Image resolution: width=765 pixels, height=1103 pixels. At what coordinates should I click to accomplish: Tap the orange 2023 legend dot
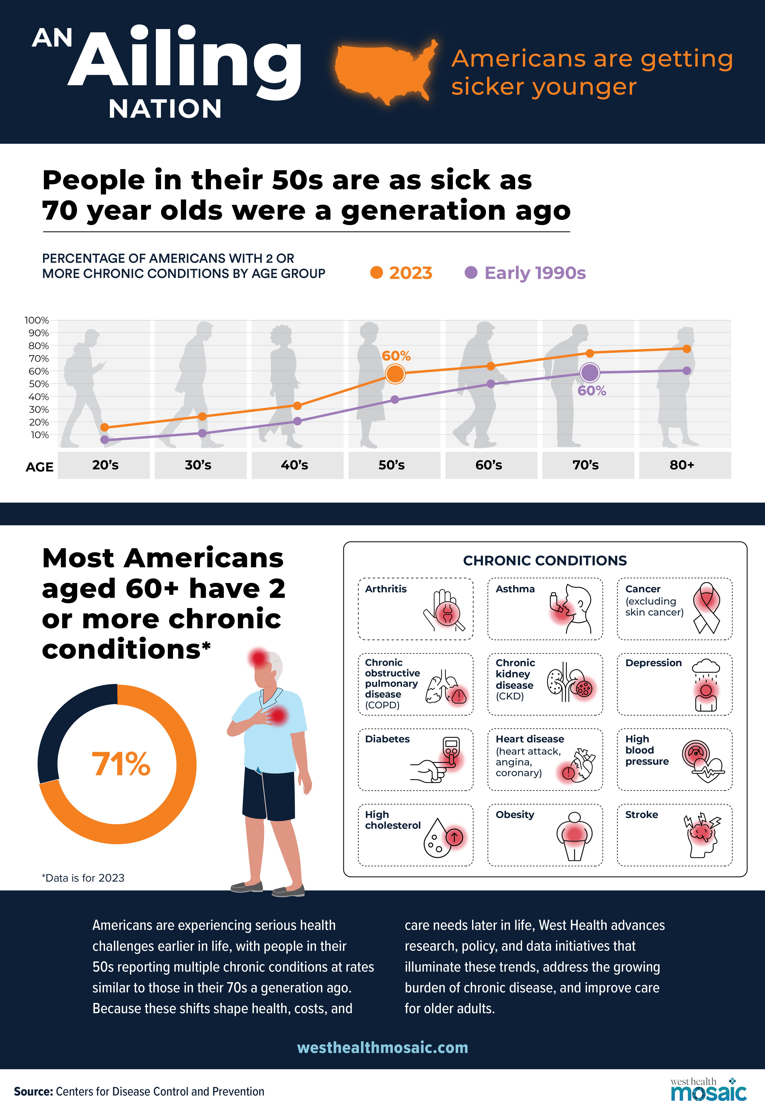pyautogui.click(x=377, y=273)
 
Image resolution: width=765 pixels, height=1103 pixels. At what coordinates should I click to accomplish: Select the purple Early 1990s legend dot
pyautogui.click(x=471, y=273)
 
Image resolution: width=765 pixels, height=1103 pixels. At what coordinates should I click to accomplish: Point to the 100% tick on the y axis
pyautogui.click(x=37, y=320)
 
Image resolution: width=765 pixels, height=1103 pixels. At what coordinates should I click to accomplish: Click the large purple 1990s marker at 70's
pyautogui.click(x=589, y=372)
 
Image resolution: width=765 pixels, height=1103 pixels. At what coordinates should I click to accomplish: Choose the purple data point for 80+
pyautogui.click(x=686, y=370)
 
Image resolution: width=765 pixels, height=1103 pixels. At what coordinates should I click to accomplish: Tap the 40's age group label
pyautogui.click(x=294, y=465)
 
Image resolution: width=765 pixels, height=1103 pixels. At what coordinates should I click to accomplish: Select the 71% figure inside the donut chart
pyautogui.click(x=121, y=764)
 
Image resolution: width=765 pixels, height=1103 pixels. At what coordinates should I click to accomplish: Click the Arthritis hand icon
pyautogui.click(x=443, y=609)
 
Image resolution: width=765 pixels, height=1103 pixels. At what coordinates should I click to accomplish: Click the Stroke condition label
pyautogui.click(x=641, y=814)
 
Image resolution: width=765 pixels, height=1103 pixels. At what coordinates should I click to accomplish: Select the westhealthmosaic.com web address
pyautogui.click(x=383, y=1047)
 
